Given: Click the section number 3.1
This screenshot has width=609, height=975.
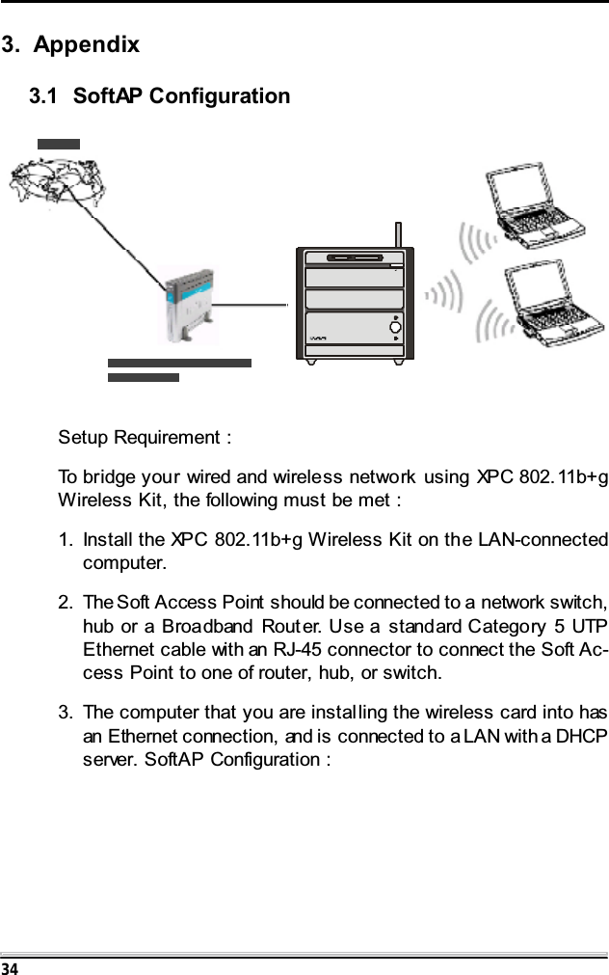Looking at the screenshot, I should pos(48,96).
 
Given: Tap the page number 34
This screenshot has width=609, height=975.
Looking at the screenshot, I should pos(9,966).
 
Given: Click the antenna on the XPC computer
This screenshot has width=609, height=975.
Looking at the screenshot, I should pos(398,234).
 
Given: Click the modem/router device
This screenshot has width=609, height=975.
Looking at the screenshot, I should pos(189,307).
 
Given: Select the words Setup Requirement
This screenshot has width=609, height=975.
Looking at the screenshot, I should pos(142,438).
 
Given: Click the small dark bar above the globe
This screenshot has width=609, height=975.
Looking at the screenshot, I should pos(58,144).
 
